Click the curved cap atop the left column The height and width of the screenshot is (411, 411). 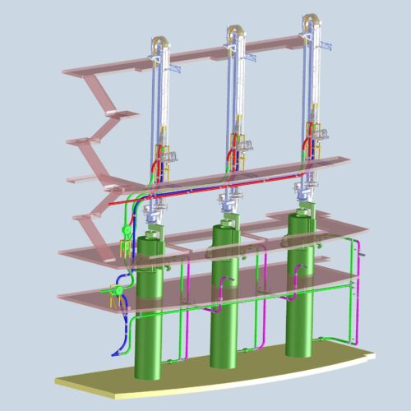click(159, 39)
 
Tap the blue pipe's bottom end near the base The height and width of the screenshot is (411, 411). click(114, 352)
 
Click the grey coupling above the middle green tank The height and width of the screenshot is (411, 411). click(226, 215)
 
